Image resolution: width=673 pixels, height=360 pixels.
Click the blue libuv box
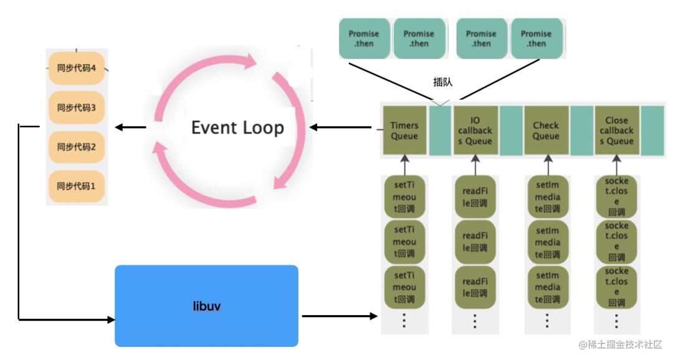pos(206,306)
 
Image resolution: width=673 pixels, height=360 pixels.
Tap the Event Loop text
pos(237,128)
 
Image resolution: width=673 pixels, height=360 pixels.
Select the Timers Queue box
pos(404,130)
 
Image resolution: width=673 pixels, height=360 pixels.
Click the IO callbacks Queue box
pos(475,130)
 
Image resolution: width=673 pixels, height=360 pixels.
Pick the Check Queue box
pos(547,130)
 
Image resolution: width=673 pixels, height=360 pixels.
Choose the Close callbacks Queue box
pos(617,130)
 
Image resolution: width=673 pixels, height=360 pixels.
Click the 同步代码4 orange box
pos(77,68)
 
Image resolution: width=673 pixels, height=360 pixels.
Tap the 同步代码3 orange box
pos(77,107)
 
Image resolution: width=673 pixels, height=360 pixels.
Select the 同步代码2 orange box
pos(77,147)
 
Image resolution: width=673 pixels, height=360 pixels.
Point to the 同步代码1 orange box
pos(77,186)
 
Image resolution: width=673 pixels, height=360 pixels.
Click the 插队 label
pos(443,82)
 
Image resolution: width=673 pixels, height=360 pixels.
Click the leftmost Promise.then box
pos(365,39)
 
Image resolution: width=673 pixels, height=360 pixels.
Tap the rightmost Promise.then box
pos(537,39)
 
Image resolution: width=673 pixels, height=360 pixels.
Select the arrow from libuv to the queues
pos(340,316)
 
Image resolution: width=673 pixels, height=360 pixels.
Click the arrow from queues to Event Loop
pos(340,128)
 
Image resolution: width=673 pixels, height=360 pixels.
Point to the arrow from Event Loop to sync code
pos(130,128)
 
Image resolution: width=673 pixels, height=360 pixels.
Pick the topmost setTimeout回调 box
pos(404,197)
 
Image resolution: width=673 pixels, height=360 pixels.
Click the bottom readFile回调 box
pos(475,287)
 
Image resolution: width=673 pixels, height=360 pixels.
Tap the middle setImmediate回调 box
pos(548,242)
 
